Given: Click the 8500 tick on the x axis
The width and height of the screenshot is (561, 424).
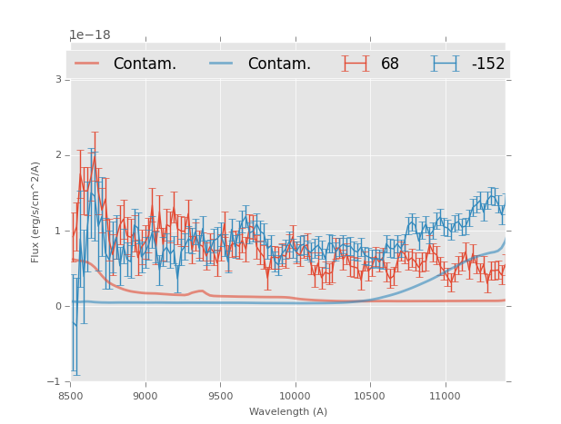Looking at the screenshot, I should [70, 396].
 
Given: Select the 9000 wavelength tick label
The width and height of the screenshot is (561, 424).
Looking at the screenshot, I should [145, 396].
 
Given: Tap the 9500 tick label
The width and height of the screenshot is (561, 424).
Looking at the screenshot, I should [220, 396].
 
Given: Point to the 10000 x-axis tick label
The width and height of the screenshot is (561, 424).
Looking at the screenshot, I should [295, 396].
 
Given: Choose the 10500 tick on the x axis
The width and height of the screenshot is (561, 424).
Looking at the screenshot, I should [370, 396].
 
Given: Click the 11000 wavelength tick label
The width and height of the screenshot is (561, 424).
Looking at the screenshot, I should [445, 396].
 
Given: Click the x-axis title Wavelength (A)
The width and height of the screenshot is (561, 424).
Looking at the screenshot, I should [288, 411].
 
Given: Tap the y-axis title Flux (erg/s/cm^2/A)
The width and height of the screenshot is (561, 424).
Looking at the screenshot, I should [36, 212].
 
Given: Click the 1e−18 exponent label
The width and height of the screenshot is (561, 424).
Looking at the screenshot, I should [90, 35].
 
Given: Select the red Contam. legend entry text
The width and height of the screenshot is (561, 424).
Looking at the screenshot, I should [145, 64].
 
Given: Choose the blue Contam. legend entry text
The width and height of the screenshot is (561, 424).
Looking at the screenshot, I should [279, 64].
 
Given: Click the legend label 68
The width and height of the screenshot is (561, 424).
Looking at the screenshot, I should [390, 64].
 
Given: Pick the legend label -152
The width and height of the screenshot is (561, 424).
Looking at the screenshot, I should [488, 64].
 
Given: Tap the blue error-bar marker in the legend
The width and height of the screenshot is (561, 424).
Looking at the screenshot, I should [445, 64].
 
